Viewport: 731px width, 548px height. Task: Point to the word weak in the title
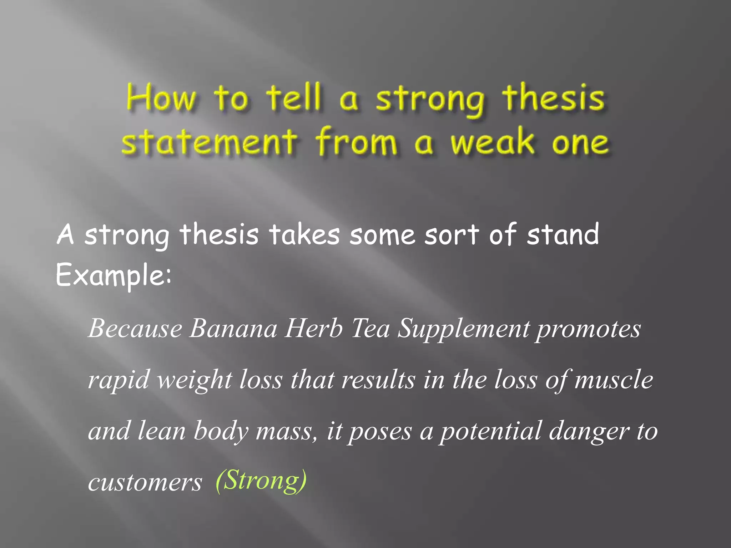point(493,142)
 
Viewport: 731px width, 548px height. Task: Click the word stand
point(563,235)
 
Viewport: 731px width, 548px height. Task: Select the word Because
point(135,328)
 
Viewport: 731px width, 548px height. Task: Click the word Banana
point(233,328)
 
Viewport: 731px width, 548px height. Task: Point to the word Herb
point(313,328)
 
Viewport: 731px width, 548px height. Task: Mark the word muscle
point(614,380)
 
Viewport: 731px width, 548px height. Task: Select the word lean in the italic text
point(161,431)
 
